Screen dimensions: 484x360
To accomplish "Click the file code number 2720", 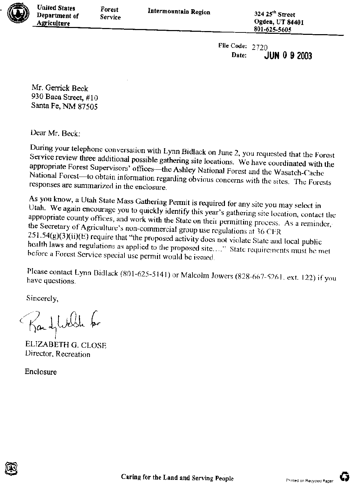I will (x=259, y=47).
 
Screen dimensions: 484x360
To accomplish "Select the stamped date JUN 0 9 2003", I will (x=288, y=56).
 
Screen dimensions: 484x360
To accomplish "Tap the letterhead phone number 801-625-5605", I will (x=272, y=30).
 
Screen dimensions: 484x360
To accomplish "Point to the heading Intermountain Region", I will (x=179, y=12).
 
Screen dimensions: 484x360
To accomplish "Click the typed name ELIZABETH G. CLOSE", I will (x=66, y=345).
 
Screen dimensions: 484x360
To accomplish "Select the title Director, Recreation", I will (x=57, y=354).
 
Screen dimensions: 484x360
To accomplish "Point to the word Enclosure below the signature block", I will (x=41, y=372).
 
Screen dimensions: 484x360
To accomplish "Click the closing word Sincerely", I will (x=42, y=298).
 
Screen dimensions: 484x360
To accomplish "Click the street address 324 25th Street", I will (x=275, y=14).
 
